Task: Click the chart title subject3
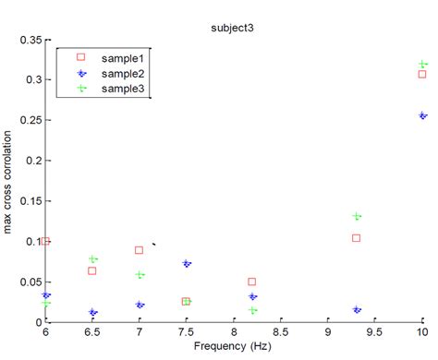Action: [232, 28]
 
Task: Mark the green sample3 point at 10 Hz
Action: [422, 64]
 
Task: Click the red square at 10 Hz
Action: [422, 74]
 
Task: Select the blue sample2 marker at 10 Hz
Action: [422, 115]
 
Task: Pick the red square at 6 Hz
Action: [46, 241]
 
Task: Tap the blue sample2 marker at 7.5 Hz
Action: [187, 263]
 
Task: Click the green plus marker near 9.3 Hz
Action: [357, 216]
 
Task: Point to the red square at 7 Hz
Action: [140, 250]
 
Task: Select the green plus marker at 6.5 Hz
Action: [92, 259]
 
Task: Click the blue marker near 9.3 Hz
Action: [357, 309]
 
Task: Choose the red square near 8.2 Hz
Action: [252, 282]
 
